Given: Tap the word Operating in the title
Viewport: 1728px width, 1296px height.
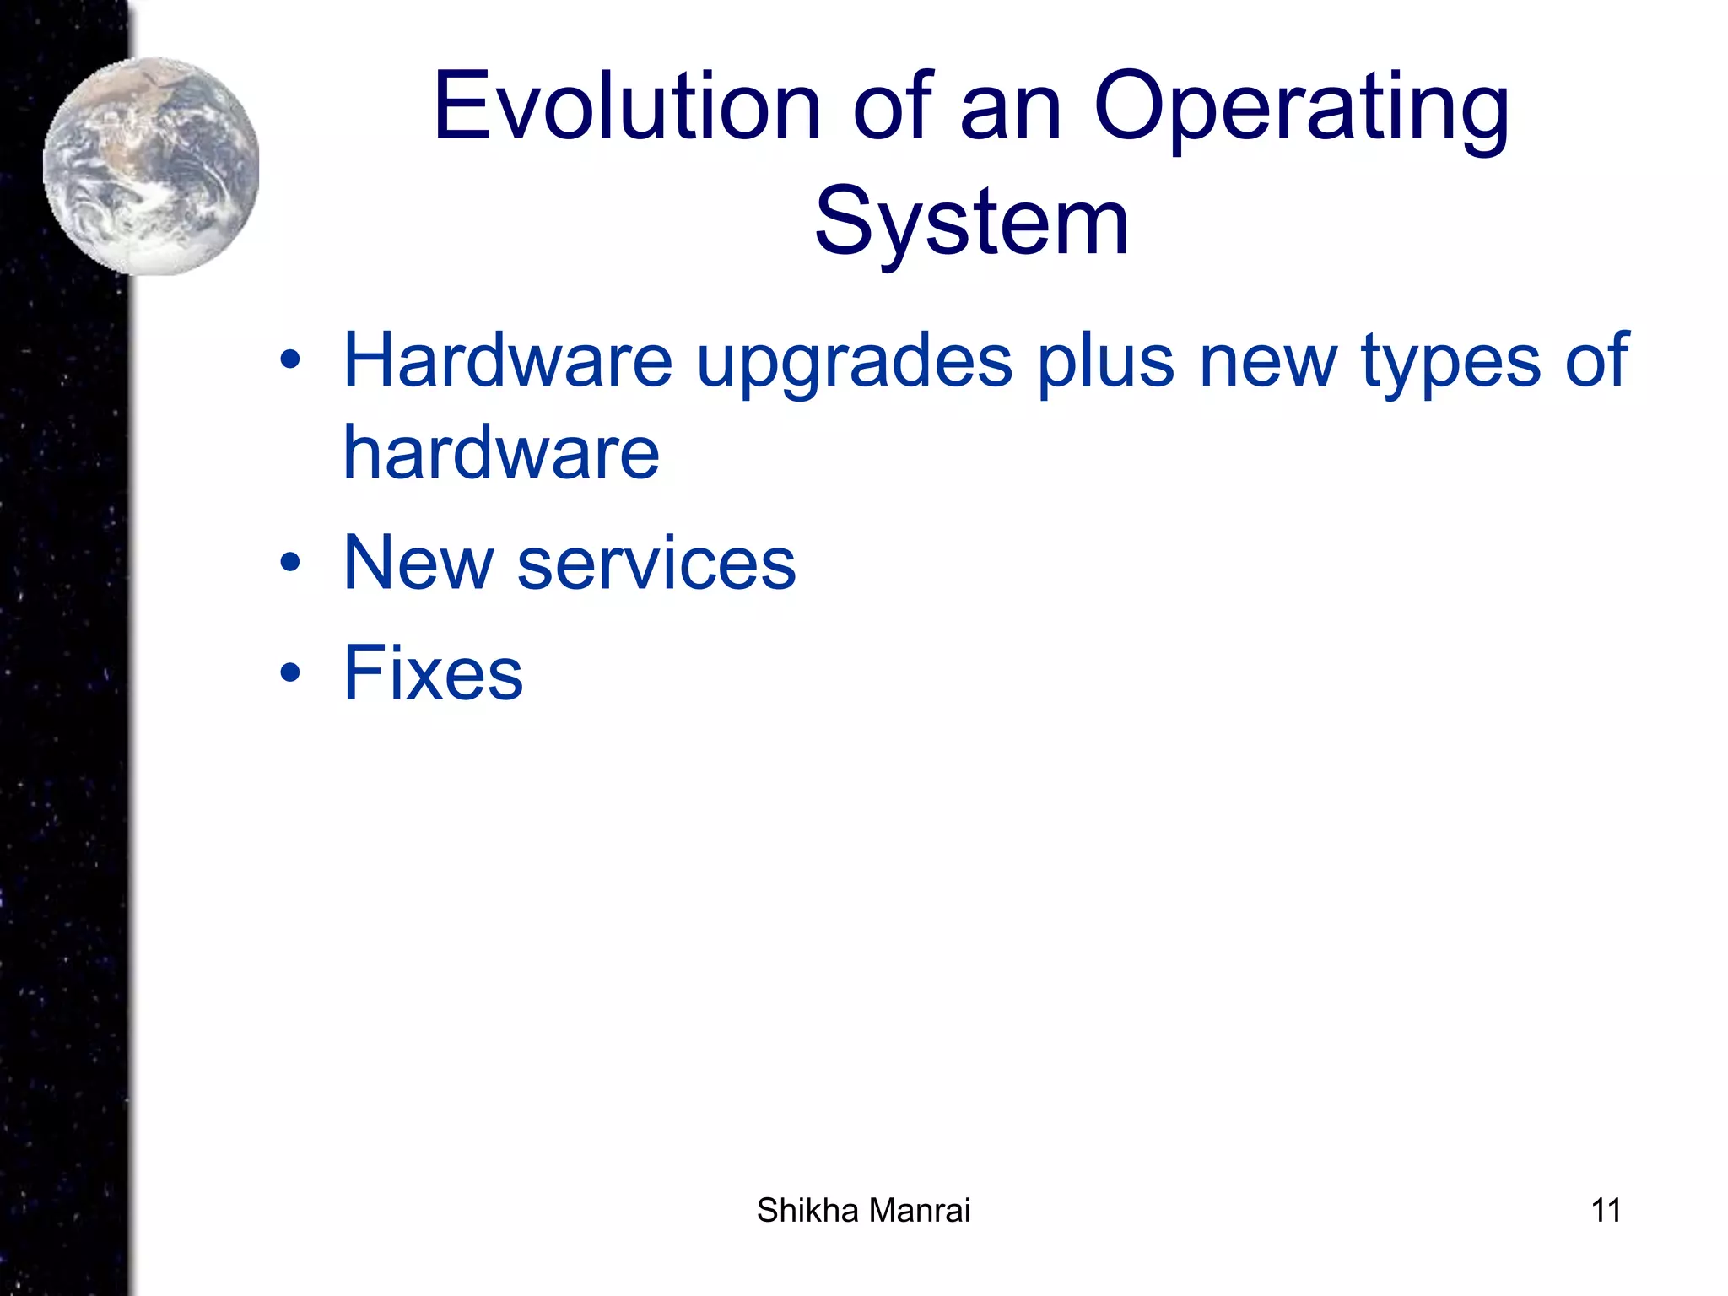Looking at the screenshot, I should coord(1300,110).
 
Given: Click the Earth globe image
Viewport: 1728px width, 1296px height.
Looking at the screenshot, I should coord(152,166).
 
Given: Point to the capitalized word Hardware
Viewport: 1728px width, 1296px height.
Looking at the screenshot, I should coord(507,360).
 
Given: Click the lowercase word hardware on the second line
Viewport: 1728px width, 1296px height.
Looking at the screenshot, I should coord(501,453).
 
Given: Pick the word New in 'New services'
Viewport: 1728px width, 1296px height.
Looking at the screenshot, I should coord(418,563).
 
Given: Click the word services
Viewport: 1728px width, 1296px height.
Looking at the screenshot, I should coord(656,564).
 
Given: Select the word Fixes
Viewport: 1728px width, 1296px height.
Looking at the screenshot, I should coord(433,672).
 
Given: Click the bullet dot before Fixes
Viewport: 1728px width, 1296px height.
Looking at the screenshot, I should coord(290,673).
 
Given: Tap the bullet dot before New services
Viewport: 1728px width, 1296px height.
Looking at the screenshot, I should coord(290,563).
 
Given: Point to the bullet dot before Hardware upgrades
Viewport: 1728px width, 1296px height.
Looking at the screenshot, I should coord(290,361).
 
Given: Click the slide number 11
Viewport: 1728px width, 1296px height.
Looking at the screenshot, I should coord(1605,1211).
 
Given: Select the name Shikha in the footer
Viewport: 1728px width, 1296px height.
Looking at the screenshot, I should coord(807,1211).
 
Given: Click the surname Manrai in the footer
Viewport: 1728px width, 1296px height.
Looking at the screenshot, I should coord(919,1211).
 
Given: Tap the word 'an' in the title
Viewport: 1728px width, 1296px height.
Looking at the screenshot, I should coord(1010,110).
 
